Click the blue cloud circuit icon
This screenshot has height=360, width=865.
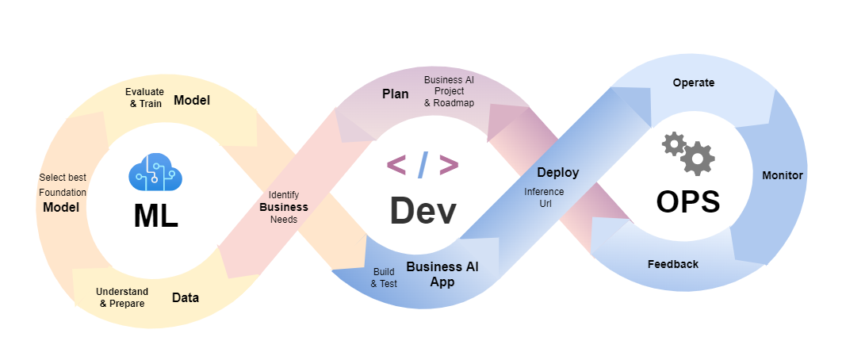tap(151, 173)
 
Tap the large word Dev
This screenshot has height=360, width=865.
tap(423, 211)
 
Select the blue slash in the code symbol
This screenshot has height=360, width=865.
tap(423, 165)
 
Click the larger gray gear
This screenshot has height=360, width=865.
tap(698, 158)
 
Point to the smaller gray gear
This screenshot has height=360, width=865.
tap(673, 143)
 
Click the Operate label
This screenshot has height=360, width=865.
tap(693, 82)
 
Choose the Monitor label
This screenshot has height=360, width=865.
tap(782, 175)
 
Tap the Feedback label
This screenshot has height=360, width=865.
tap(672, 264)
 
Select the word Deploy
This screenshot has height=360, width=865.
tap(557, 172)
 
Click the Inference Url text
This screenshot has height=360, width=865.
tap(544, 197)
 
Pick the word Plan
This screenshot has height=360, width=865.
tap(396, 94)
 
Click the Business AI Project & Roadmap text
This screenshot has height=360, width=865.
tap(450, 91)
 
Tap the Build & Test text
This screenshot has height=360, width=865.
tap(384, 278)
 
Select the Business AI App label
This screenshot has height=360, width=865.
tap(442, 274)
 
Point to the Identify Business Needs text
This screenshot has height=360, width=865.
tap(284, 207)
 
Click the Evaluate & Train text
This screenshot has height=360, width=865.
tap(144, 98)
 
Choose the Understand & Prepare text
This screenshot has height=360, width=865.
tap(122, 297)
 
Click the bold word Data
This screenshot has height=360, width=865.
tap(186, 298)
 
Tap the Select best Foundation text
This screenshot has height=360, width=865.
tap(62, 185)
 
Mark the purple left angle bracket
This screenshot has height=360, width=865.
tap(396, 165)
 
